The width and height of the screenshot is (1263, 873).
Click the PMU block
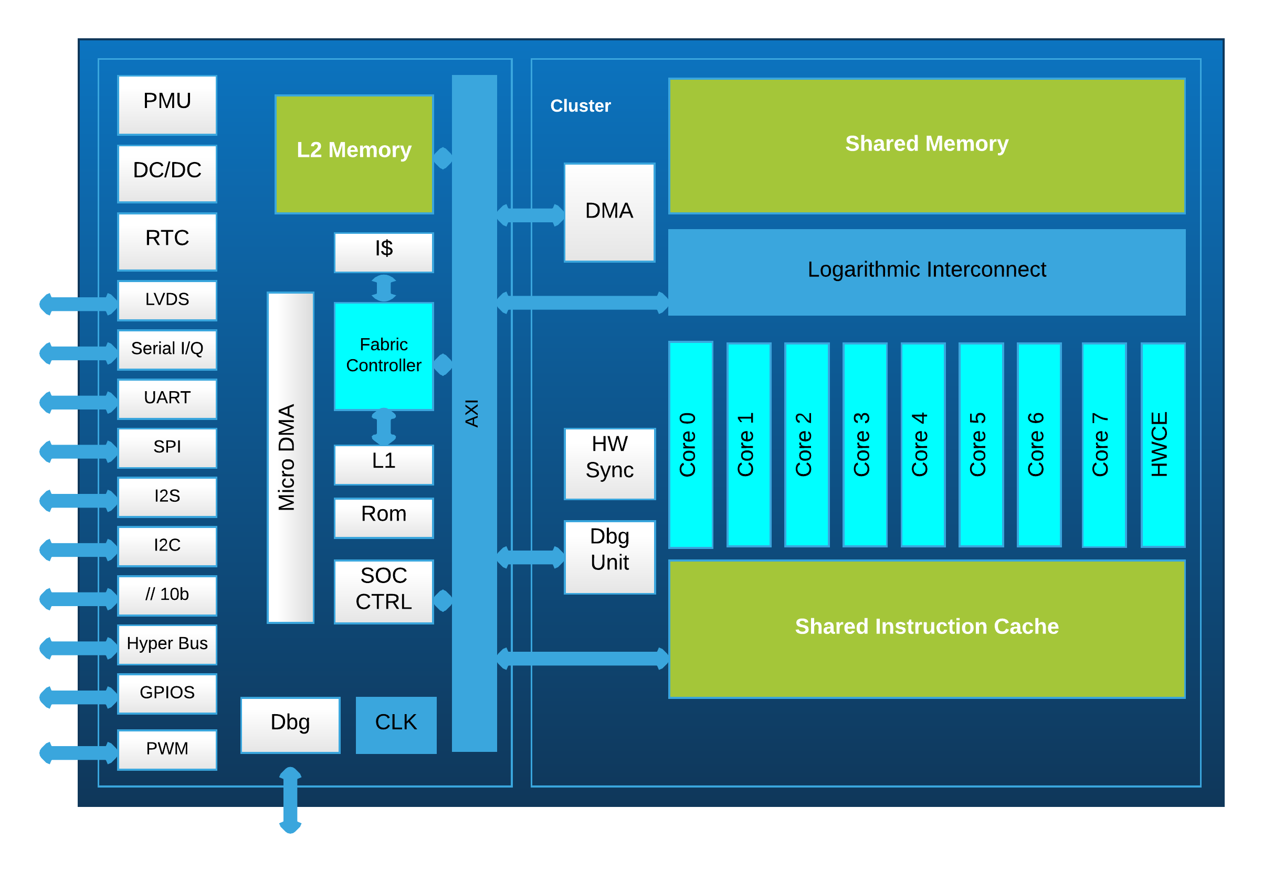167,104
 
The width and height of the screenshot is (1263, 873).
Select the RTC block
167,241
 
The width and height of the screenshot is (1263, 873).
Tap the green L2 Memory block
354,154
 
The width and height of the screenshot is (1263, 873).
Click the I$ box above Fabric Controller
384,252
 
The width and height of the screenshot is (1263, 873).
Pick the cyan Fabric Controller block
384,356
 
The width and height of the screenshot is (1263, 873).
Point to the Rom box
384,518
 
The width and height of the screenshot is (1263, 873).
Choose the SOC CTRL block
384,591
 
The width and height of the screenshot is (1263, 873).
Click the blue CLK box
396,725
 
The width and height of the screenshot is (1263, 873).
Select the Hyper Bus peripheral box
167,644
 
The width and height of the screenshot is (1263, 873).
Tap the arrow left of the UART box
78,402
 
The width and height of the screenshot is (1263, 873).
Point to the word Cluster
580,105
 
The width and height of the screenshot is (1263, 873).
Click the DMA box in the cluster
609,212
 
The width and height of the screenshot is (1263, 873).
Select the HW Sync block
609,464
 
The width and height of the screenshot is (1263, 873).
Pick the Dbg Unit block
609,557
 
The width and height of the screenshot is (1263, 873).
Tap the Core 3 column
865,444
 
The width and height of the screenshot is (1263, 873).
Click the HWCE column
1163,444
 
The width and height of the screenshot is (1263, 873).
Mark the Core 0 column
690,444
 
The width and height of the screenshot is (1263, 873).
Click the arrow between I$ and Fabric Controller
384,288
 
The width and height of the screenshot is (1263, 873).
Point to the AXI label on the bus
472,413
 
